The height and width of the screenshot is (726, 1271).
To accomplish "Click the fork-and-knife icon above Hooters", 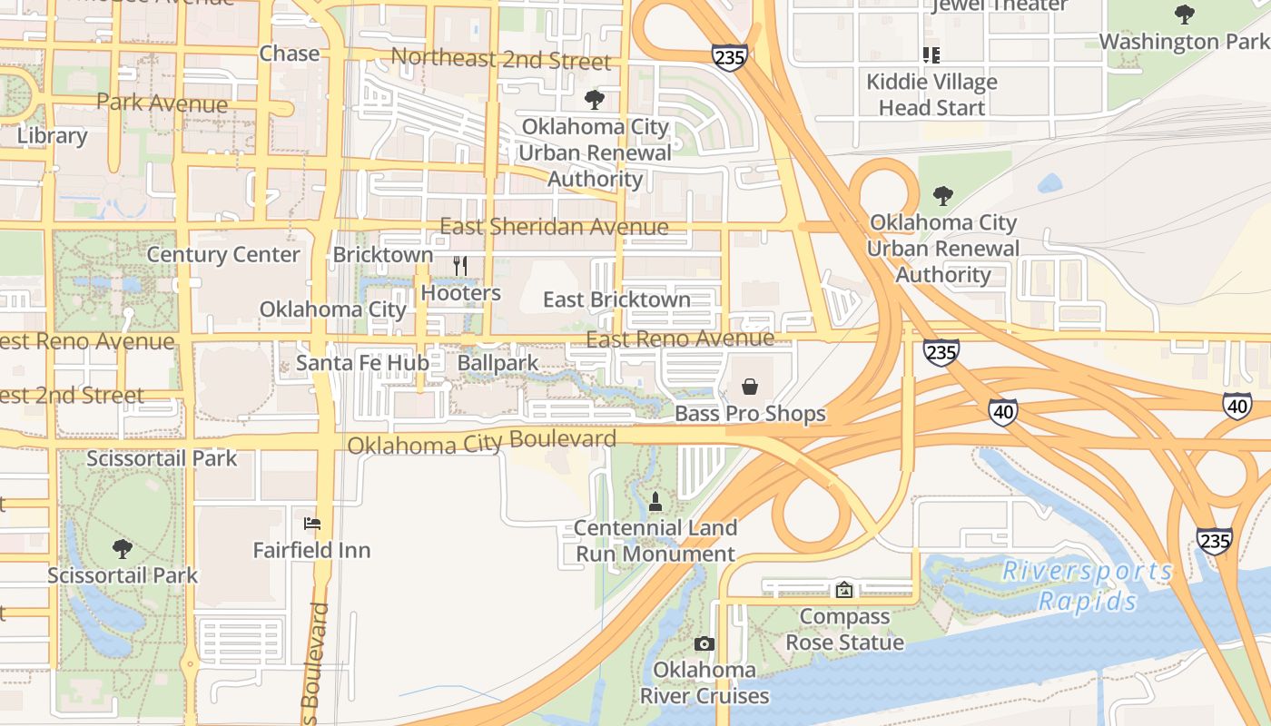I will (x=460, y=265).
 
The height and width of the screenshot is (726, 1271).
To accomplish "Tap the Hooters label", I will (x=460, y=293).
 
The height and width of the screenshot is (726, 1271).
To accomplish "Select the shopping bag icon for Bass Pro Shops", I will (x=750, y=388).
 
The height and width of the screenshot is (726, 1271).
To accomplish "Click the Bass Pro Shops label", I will (x=750, y=414).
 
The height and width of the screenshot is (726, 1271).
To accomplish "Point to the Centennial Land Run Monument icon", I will (x=655, y=501).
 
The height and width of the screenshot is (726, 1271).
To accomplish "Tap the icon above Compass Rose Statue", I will (x=844, y=590).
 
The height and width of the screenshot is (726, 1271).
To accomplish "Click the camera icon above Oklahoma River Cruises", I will (x=704, y=644).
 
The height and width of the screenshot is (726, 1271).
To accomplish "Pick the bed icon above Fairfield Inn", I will (x=311, y=524).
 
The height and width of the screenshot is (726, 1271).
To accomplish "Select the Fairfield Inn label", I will (x=311, y=550).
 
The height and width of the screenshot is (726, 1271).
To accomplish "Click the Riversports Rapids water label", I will (x=1088, y=586).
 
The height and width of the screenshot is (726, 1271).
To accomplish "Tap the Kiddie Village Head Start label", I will (x=931, y=94).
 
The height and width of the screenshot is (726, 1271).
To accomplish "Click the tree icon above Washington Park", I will (x=1184, y=15).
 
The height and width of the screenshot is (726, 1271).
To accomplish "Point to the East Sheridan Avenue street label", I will (x=554, y=226).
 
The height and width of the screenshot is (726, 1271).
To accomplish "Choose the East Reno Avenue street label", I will (x=680, y=339).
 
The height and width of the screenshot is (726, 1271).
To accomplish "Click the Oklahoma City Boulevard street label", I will (x=481, y=443).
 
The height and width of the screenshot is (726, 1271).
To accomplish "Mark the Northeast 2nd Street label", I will (x=500, y=60).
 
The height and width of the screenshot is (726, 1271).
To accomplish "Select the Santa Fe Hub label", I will (x=362, y=363).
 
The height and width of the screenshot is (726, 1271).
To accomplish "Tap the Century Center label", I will (x=223, y=255).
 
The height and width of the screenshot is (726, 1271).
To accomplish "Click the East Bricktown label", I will (x=616, y=299).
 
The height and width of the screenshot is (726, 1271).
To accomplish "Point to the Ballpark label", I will (x=498, y=363).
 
